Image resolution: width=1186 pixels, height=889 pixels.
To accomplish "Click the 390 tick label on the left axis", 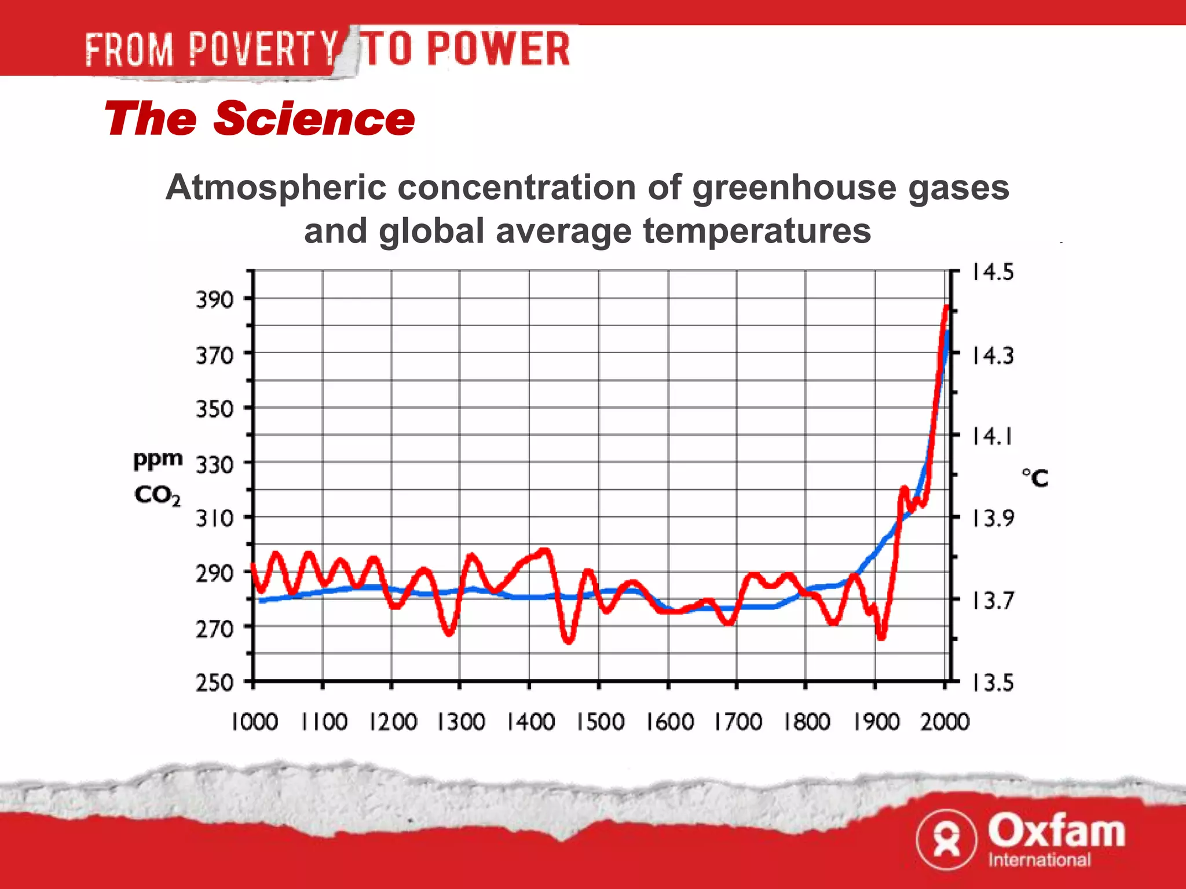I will pyautogui.click(x=214, y=300).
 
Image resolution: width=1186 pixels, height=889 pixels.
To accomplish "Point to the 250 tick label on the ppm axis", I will pyautogui.click(x=214, y=683).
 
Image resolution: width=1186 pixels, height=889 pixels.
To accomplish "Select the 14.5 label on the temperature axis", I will pyautogui.click(x=993, y=272).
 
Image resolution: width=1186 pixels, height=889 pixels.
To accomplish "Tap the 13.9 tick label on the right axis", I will pyautogui.click(x=993, y=518).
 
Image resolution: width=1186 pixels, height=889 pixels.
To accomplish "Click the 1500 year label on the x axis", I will pyautogui.click(x=600, y=722).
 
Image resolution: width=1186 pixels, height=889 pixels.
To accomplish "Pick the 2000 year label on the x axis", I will pyautogui.click(x=945, y=722).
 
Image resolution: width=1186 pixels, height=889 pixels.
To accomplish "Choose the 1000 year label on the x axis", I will pyautogui.click(x=254, y=722).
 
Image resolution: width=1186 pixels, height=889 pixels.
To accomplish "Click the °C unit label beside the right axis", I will pyautogui.click(x=1035, y=478).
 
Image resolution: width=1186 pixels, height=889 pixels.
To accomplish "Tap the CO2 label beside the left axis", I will pyautogui.click(x=157, y=495).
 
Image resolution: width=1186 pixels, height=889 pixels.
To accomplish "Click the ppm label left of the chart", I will pyautogui.click(x=158, y=460).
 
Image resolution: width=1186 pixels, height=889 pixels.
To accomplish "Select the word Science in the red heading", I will pyautogui.click(x=314, y=119).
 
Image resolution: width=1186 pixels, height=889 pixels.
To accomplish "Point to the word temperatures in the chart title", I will pyautogui.click(x=757, y=231).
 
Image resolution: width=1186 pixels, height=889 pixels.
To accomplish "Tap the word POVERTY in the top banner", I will pyautogui.click(x=263, y=49).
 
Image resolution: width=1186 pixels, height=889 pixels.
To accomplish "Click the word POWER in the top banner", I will pyautogui.click(x=499, y=49).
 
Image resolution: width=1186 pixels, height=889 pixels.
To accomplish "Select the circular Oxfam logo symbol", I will pyautogui.click(x=946, y=839).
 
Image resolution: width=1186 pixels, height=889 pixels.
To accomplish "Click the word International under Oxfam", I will pyautogui.click(x=1039, y=860).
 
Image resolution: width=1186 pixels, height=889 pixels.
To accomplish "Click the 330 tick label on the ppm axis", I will pyautogui.click(x=214, y=465).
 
